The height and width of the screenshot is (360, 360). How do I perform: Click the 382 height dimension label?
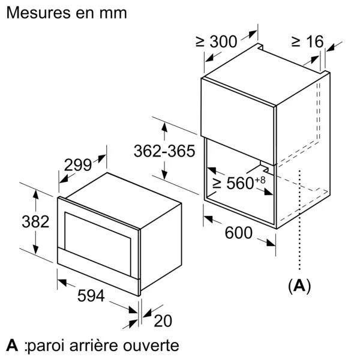pyautogui.click(x=35, y=221)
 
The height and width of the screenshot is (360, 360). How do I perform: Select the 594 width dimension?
pyautogui.click(x=91, y=295)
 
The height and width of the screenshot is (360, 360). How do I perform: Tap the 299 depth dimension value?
pyautogui.click(x=78, y=165)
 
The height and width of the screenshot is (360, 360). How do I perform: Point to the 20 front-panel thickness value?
pyautogui.click(x=163, y=321)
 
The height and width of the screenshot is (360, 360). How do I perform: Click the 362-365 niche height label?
pyautogui.click(x=164, y=151)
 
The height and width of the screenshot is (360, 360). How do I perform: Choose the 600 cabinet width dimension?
pyautogui.click(x=239, y=233)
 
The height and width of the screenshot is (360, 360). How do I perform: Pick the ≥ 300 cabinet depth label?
pyautogui.click(x=216, y=41)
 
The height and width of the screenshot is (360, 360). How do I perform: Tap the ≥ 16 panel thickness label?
pyautogui.click(x=307, y=41)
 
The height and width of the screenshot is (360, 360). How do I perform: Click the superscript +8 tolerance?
pyautogui.click(x=260, y=180)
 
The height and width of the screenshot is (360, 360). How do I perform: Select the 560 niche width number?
pyautogui.click(x=240, y=183)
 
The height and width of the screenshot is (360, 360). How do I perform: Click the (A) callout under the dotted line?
pyautogui.click(x=299, y=286)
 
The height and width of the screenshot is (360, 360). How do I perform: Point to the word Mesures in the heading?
pyautogui.click(x=38, y=13)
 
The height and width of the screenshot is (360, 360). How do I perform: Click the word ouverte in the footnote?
pyautogui.click(x=151, y=346)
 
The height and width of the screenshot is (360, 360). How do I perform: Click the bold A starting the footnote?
pyautogui.click(x=12, y=345)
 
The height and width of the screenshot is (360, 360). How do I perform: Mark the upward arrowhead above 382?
pyautogui.click(x=35, y=194)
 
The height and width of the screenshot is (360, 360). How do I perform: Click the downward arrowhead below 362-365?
pyautogui.click(x=164, y=175)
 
